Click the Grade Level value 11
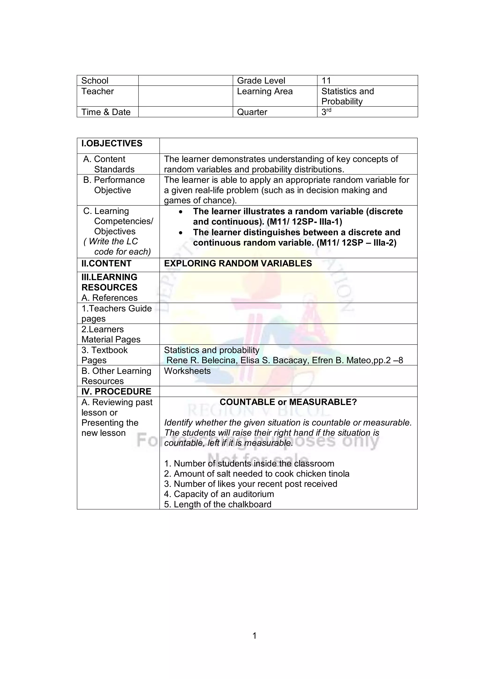click(x=326, y=80)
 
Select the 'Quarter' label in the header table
click(x=252, y=112)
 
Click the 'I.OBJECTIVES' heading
click(x=112, y=144)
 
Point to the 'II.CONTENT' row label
click(x=106, y=263)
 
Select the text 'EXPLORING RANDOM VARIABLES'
click(x=238, y=263)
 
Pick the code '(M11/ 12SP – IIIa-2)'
click(x=356, y=243)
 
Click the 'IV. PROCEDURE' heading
click(x=116, y=391)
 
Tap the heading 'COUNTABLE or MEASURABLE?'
click(x=288, y=402)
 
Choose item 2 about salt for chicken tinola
click(x=257, y=474)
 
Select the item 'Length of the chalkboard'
click(x=217, y=505)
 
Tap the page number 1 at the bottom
click(x=255, y=636)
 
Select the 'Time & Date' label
click(x=106, y=112)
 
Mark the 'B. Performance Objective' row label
click(x=114, y=185)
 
